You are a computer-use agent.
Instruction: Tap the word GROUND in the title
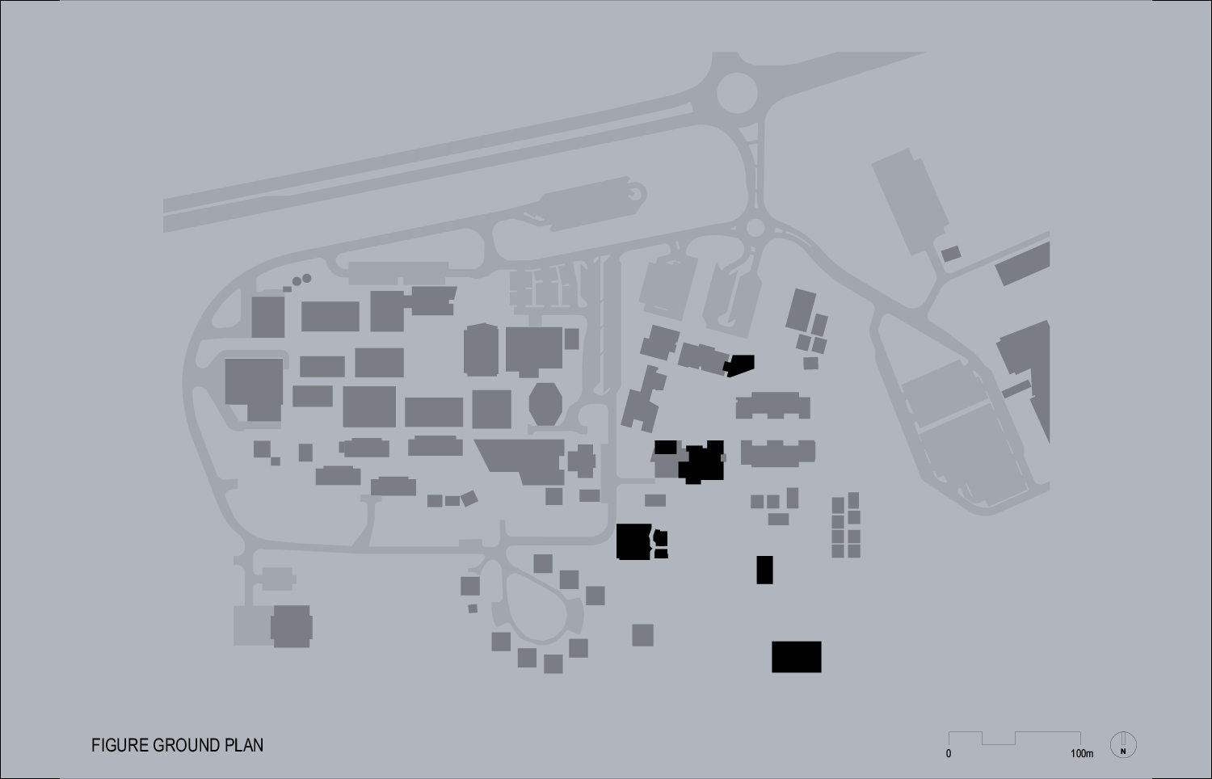coord(185,745)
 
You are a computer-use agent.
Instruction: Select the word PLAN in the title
coord(244,745)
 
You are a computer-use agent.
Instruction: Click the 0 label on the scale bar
coord(949,754)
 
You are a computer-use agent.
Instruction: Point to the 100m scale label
coord(1082,754)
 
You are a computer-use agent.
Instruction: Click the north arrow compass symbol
coord(1123,744)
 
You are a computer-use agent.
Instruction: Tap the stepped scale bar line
coord(1014,737)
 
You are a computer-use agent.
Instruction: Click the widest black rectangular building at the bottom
coord(796,657)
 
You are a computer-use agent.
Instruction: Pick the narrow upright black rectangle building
coord(764,570)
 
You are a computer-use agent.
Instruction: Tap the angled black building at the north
coord(739,365)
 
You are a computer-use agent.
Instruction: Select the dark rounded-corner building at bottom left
coord(291,626)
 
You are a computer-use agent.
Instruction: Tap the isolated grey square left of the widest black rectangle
coord(642,634)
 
